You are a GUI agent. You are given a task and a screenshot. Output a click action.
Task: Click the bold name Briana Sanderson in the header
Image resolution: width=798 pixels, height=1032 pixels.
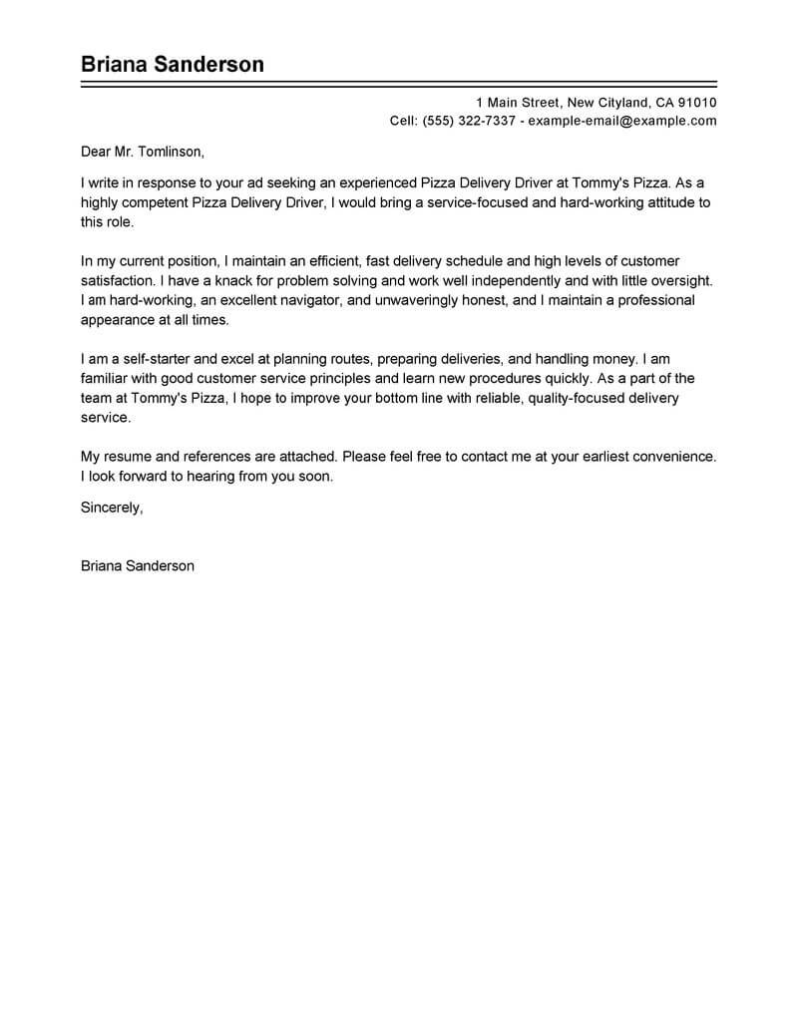pos(173,65)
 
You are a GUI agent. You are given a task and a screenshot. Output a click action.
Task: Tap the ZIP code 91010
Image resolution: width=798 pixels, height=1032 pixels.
pos(696,103)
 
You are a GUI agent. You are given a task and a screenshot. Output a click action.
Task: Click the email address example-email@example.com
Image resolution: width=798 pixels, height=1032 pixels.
pos(622,121)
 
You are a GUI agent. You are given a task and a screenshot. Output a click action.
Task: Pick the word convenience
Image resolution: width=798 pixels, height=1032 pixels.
pos(672,456)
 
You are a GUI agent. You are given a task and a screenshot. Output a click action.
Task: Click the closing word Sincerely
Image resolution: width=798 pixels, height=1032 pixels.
pos(111,508)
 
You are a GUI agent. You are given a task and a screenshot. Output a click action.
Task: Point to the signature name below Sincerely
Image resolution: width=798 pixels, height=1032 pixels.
pos(137,565)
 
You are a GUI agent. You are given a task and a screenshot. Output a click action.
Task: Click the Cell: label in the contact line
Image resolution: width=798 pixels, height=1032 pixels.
pos(403,121)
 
